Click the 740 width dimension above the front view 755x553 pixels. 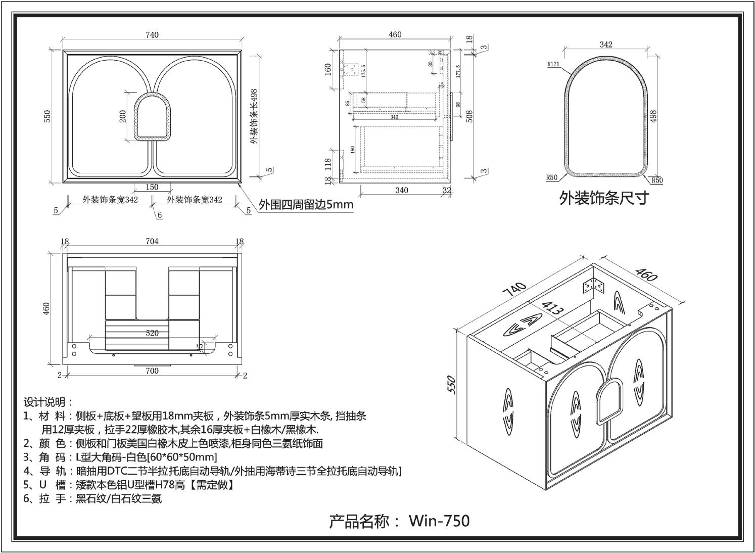(152, 35)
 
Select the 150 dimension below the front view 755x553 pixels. (152, 187)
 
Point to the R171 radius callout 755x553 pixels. (552, 65)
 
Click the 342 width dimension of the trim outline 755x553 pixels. (606, 44)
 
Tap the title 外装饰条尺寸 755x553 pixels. (603, 198)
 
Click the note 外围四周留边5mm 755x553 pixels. (306, 205)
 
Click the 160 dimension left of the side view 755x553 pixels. (328, 69)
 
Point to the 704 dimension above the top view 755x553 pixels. (152, 242)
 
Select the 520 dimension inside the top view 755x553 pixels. (152, 333)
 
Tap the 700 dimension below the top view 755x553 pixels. (152, 371)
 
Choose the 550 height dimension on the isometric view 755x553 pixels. (452, 384)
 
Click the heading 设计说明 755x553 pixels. (49, 402)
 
